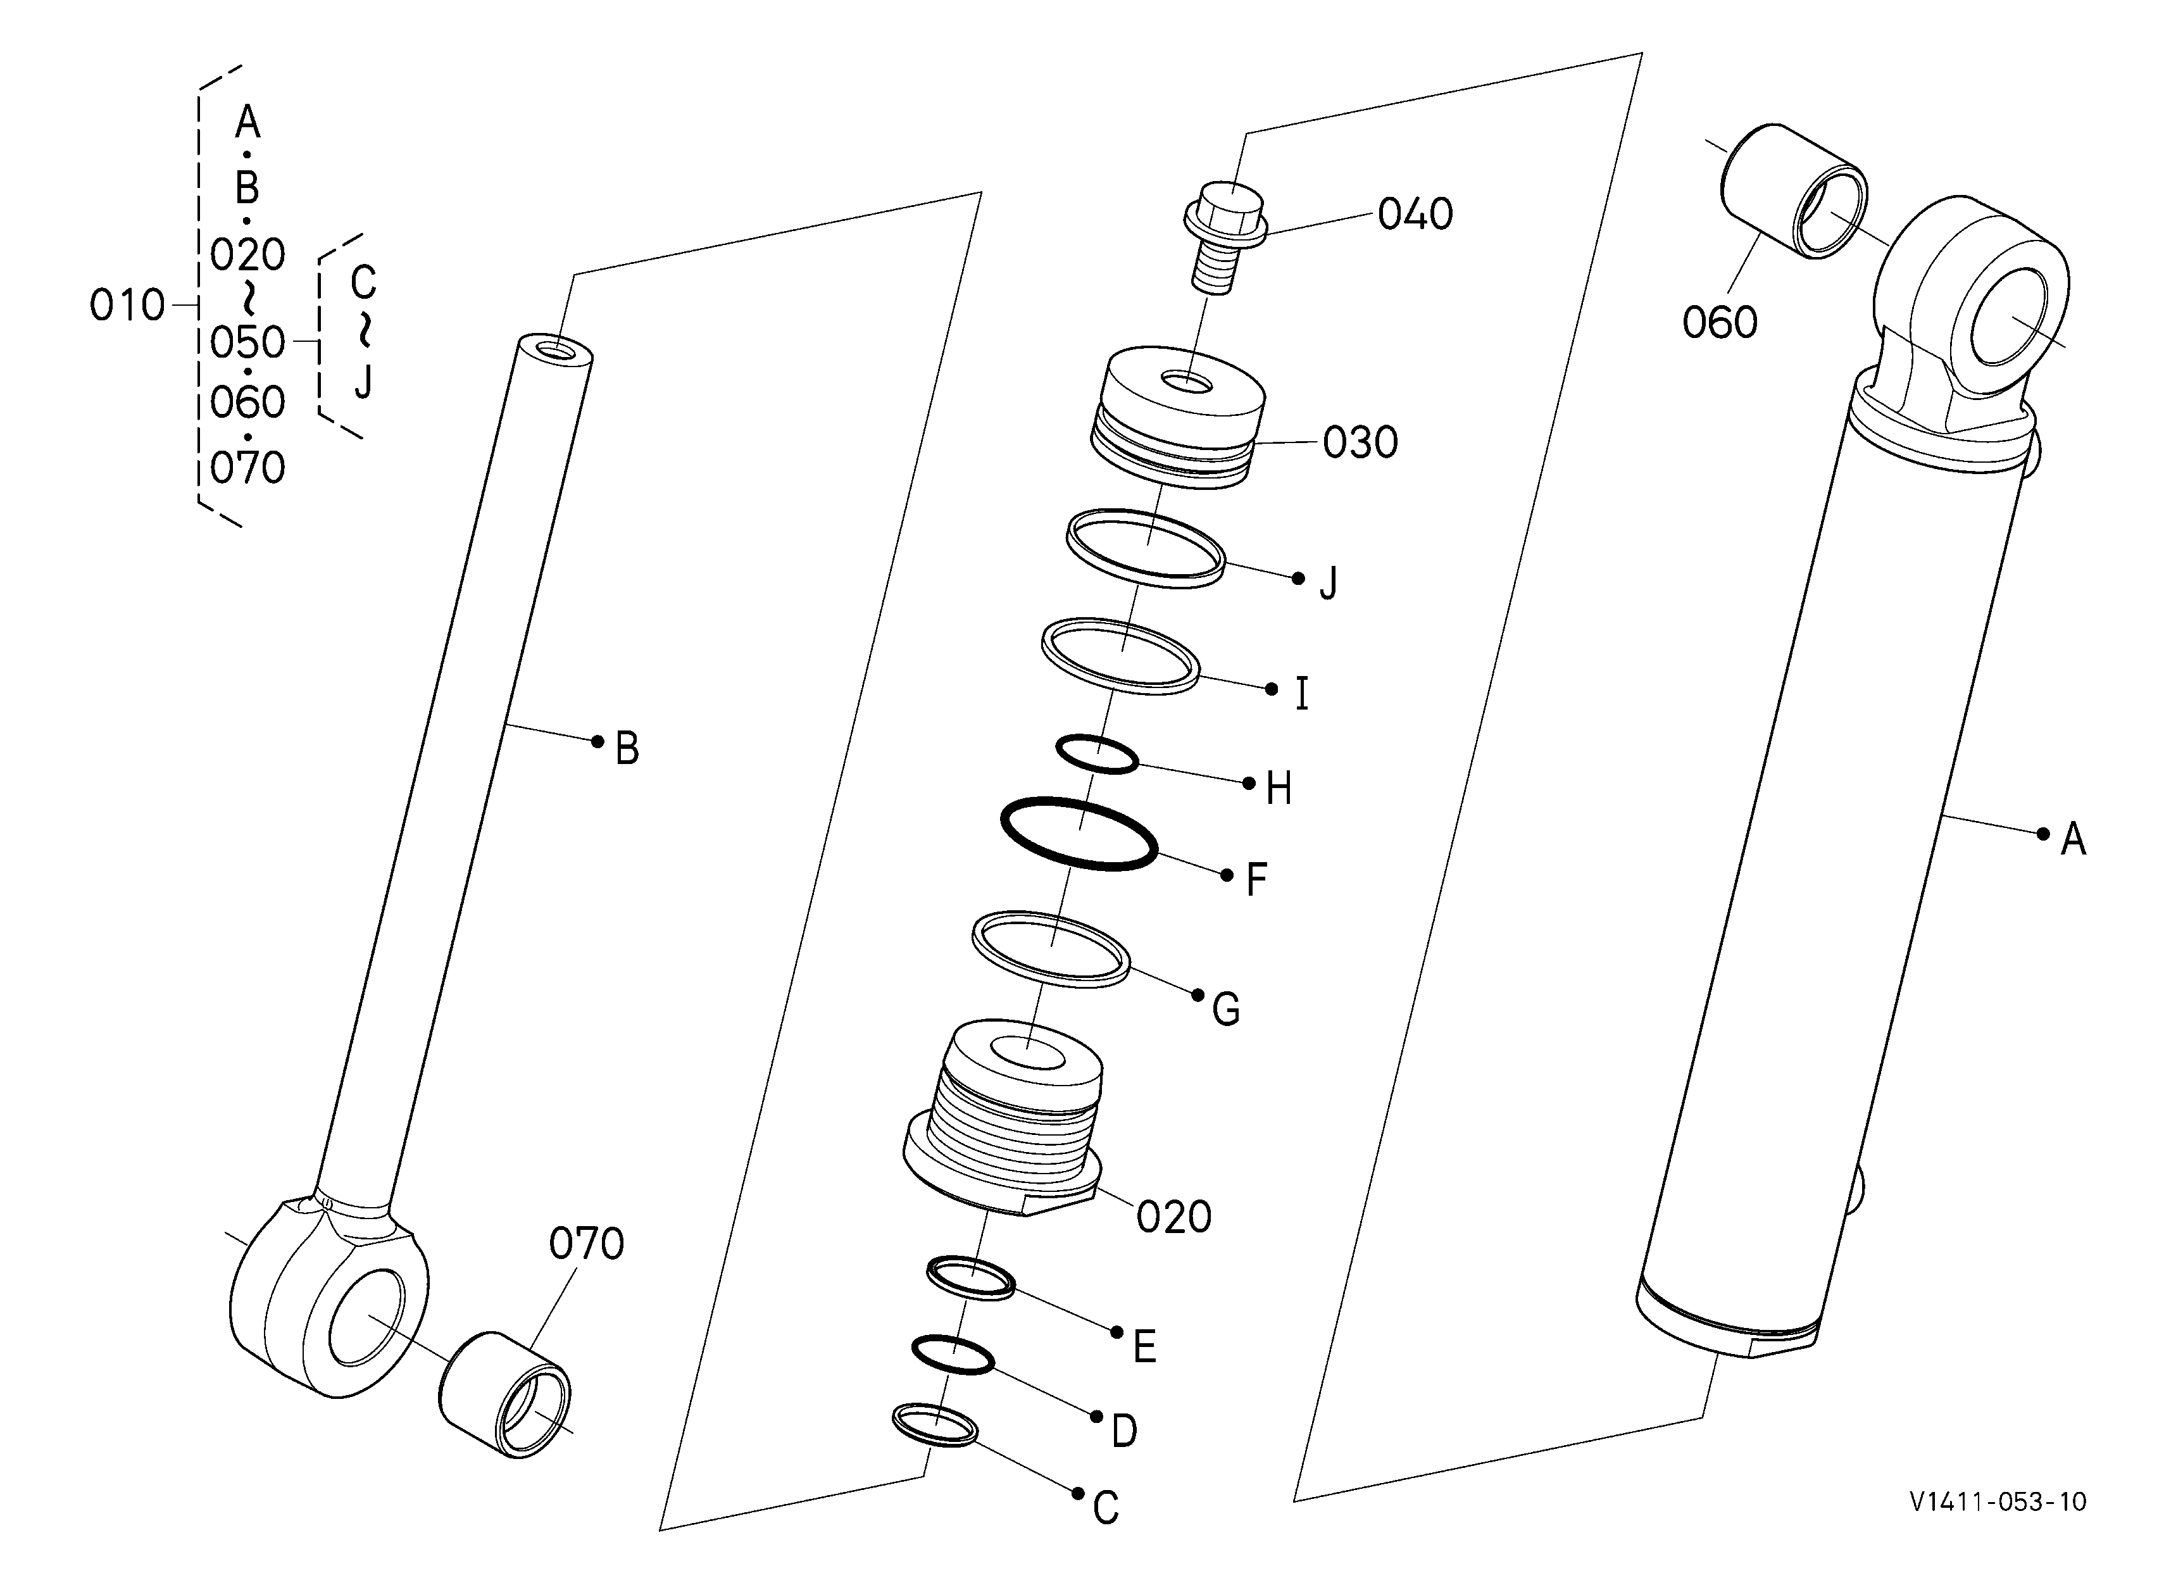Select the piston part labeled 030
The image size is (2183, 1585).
pos(1177,416)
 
